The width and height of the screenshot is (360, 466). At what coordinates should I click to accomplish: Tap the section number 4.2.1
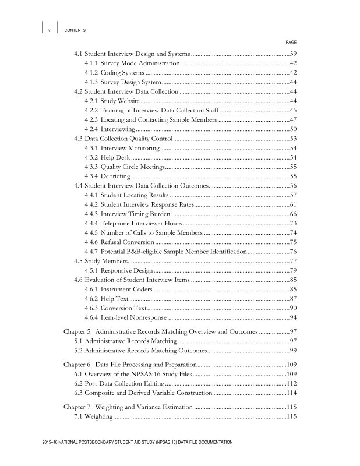tap(90, 101)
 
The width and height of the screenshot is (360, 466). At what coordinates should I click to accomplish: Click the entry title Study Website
tap(119, 101)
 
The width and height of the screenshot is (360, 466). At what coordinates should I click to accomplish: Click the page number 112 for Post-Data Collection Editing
tap(292, 383)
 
